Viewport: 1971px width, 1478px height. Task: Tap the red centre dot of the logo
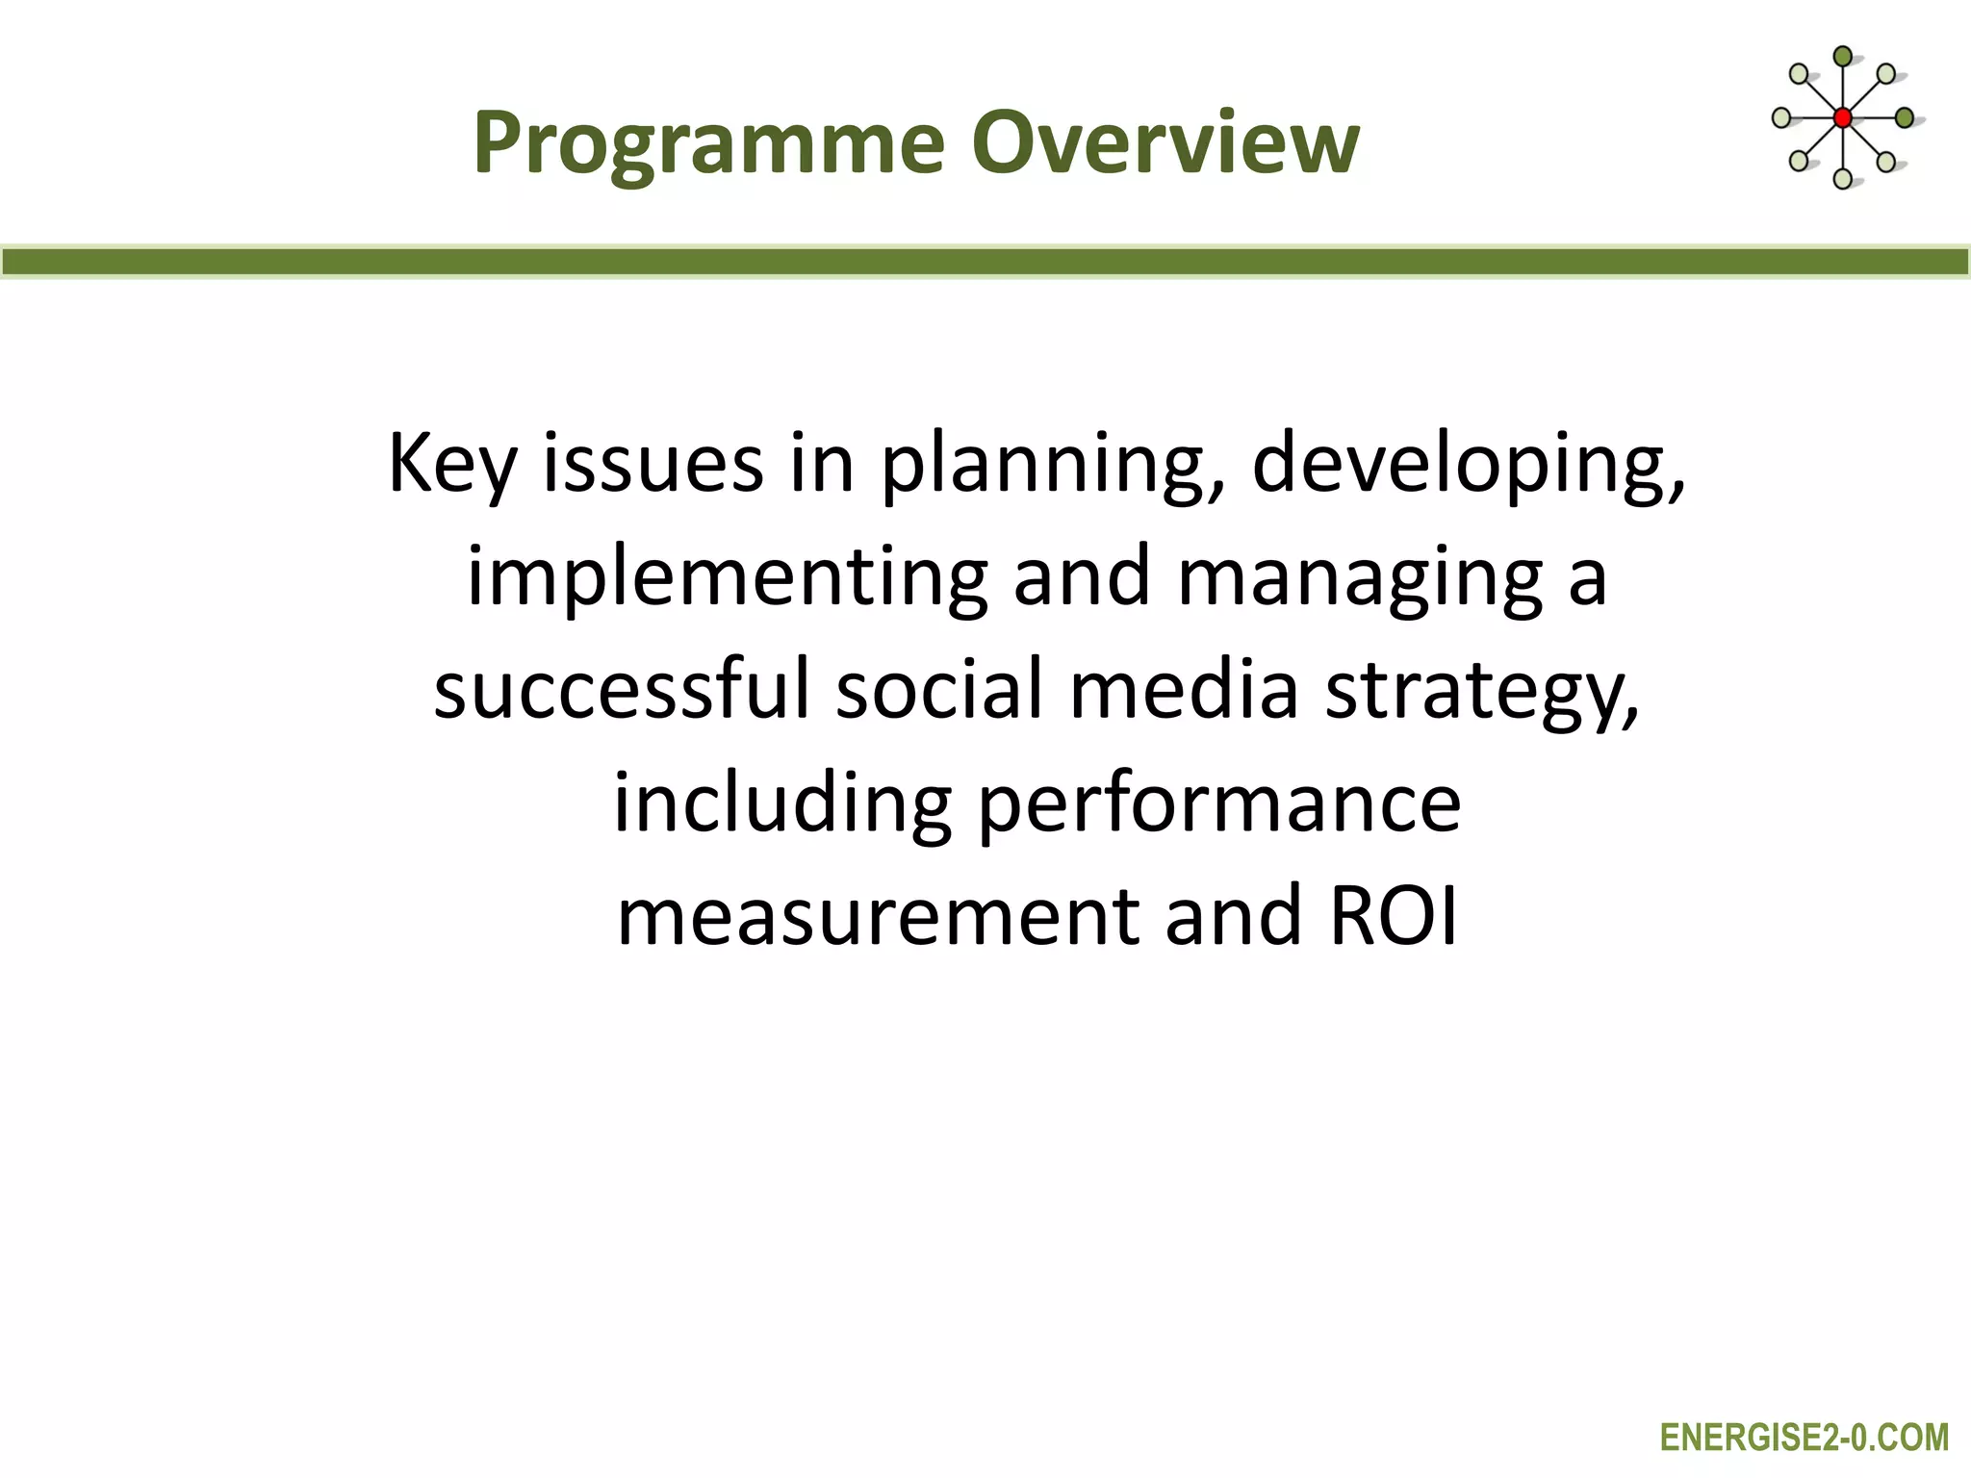click(1842, 118)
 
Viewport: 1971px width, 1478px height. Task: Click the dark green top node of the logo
click(1842, 57)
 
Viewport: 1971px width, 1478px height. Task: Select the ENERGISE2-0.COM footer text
click(1804, 1438)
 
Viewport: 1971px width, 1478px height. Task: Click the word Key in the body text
click(452, 465)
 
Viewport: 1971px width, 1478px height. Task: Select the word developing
click(1468, 465)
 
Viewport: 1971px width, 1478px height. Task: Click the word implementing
click(727, 578)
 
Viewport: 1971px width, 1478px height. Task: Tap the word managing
click(1361, 578)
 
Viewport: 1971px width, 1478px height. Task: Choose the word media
click(1184, 690)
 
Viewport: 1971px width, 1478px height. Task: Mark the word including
click(782, 804)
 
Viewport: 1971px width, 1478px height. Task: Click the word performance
click(1219, 804)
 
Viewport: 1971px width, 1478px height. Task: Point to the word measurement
click(877, 916)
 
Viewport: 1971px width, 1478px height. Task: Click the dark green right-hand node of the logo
click(1904, 118)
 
